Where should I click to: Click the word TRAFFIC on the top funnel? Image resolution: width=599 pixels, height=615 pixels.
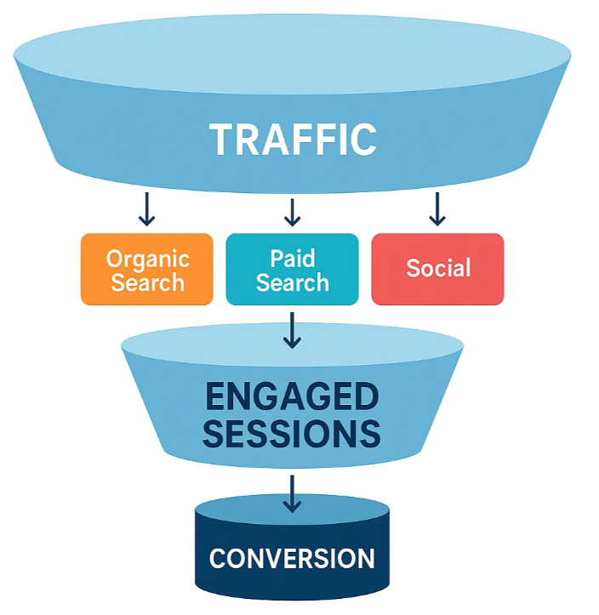click(293, 140)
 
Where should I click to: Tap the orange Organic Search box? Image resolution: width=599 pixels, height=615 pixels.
click(146, 269)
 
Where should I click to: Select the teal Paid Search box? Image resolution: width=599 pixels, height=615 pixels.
click(292, 269)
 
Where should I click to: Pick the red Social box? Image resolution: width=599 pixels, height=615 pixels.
click(437, 269)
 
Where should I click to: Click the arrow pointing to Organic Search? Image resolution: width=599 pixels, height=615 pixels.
click(146, 209)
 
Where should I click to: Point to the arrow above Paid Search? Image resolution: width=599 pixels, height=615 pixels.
click(292, 212)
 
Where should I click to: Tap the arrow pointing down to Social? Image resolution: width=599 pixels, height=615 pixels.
click(437, 209)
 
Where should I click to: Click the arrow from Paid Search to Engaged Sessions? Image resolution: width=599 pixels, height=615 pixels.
click(292, 330)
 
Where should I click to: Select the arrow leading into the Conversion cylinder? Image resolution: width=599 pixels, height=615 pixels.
click(292, 494)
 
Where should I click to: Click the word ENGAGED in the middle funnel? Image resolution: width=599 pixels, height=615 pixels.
click(292, 396)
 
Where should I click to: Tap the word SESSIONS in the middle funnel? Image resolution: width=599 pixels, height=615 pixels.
click(292, 434)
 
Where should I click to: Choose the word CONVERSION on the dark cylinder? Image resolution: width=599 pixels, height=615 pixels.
click(292, 558)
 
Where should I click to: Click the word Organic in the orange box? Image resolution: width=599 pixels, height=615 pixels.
click(148, 260)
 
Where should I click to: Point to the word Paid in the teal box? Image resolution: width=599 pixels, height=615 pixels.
click(293, 258)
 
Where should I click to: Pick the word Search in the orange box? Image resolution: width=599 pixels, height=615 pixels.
click(147, 282)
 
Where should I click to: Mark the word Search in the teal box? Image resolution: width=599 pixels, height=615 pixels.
click(293, 282)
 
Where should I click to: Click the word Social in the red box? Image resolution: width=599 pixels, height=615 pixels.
click(438, 268)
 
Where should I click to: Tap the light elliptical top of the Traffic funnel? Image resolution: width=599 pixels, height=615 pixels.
click(292, 54)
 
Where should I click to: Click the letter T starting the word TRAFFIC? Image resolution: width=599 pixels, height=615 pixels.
click(221, 140)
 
